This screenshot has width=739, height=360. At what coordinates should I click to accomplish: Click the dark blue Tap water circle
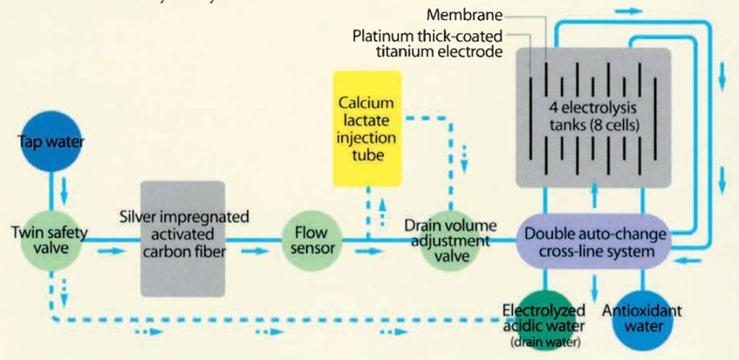(51, 141)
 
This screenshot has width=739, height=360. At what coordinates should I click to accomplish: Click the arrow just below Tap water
(63, 192)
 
